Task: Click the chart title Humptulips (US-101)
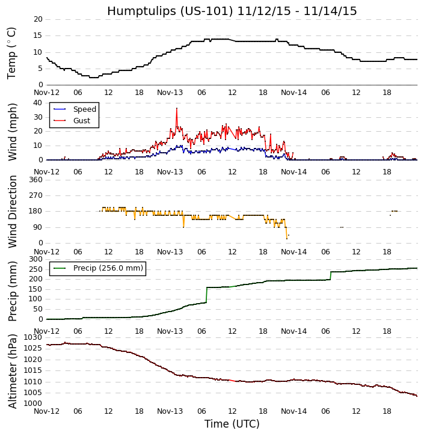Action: coord(232,11)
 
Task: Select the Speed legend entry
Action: coord(84,109)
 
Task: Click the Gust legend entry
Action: coord(81,121)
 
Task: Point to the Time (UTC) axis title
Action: coord(232,424)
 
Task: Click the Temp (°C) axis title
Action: coord(12,52)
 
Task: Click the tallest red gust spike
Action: coord(177,109)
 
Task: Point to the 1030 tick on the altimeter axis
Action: coord(33,337)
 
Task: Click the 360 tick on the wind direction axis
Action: coord(35,180)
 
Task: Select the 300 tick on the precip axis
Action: coord(35,259)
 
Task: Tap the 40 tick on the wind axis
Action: coord(37,102)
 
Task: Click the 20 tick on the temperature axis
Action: coord(37,19)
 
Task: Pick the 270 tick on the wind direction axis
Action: coord(35,195)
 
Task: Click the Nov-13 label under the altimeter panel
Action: coord(170,411)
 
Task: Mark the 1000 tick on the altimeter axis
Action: coord(33,404)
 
